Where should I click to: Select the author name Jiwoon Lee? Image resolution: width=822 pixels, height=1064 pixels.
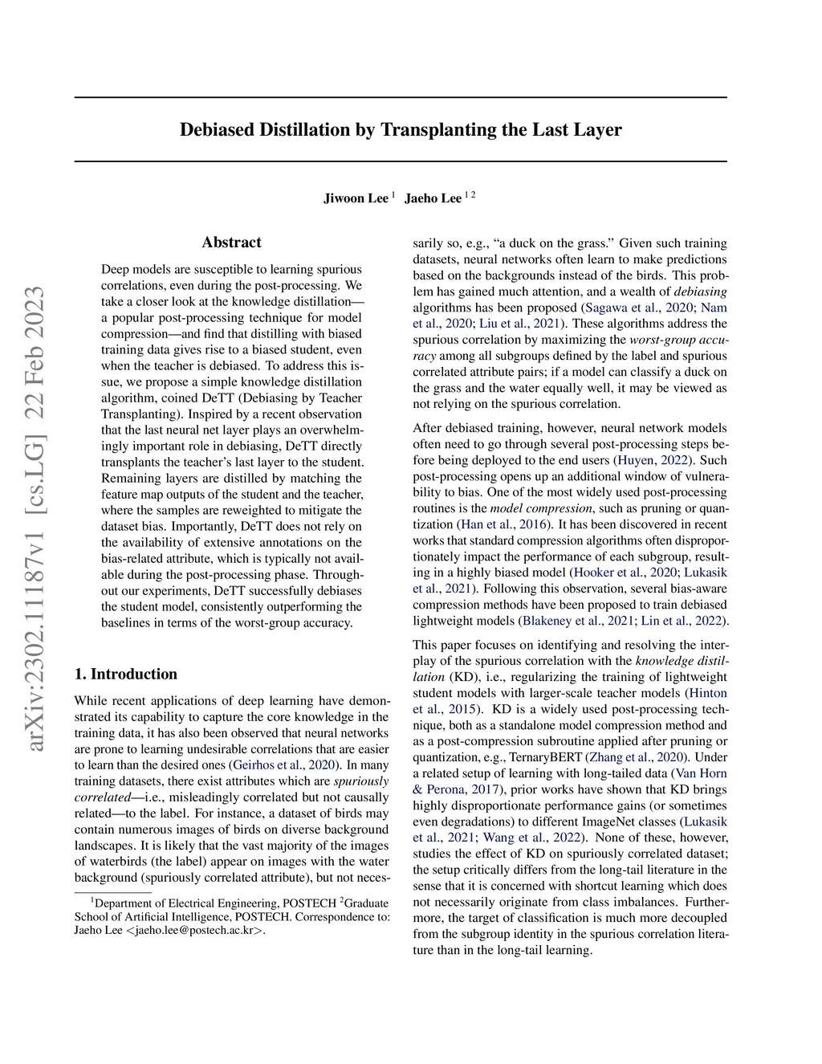(x=356, y=198)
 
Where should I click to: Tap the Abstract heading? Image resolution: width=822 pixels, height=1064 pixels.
(x=231, y=243)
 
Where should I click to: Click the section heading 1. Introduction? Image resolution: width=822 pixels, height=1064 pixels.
(x=125, y=675)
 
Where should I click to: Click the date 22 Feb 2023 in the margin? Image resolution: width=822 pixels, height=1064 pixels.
(x=35, y=354)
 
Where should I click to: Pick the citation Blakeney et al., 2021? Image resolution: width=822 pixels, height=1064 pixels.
(x=576, y=621)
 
